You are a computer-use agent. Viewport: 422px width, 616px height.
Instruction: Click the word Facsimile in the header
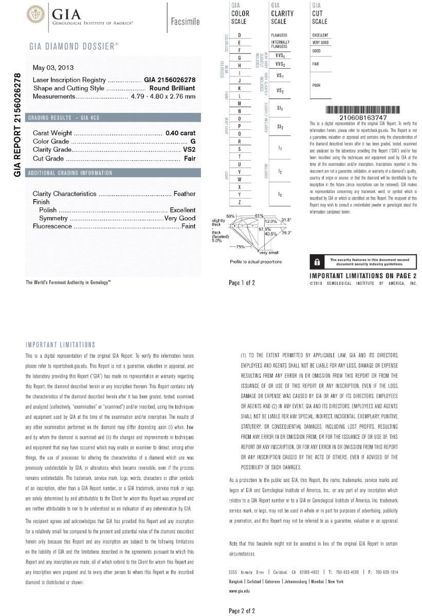click(185, 22)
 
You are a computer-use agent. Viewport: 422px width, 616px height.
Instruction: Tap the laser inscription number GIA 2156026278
click(170, 80)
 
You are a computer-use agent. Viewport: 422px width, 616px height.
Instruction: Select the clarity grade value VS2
click(189, 150)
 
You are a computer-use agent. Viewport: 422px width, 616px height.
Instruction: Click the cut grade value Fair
click(190, 159)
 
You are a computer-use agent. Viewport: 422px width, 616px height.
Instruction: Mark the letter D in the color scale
click(240, 35)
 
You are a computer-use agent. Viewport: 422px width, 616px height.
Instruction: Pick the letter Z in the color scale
click(240, 203)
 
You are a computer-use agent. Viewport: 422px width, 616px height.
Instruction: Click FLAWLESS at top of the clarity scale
click(279, 35)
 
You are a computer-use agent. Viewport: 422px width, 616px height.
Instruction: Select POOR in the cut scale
click(316, 85)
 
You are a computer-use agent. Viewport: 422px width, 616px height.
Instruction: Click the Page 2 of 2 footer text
click(242, 610)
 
